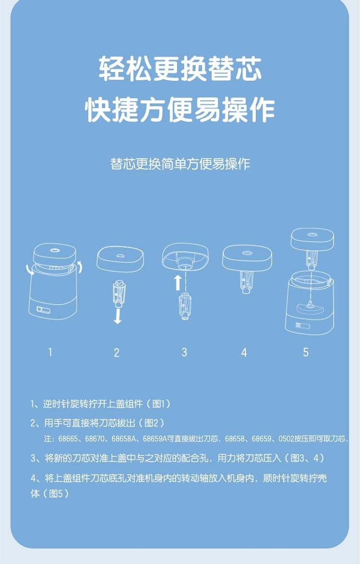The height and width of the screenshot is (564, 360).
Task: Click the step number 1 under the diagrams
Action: [x=50, y=352]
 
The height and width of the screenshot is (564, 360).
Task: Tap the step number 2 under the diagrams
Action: [x=117, y=353]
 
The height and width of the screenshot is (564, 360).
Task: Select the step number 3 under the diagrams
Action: [x=184, y=352]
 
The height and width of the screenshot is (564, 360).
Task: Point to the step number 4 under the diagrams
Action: [x=244, y=353]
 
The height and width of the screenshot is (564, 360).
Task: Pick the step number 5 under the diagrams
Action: [x=306, y=352]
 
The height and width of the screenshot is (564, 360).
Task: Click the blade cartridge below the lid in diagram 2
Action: [x=119, y=294]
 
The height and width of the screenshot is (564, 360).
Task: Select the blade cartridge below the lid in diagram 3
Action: [x=185, y=306]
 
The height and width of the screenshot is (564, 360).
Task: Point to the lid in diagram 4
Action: [x=247, y=258]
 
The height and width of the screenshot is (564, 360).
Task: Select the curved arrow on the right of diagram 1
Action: [x=81, y=267]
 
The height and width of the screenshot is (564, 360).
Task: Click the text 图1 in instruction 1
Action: [x=159, y=404]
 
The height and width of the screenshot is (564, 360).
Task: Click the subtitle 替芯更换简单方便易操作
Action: [x=180, y=164]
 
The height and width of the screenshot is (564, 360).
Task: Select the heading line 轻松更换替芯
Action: [x=180, y=68]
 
